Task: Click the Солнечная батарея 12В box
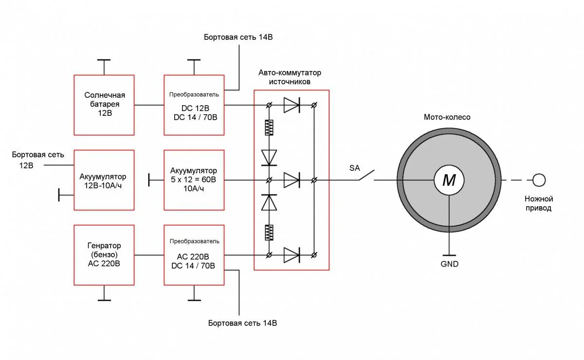(x=104, y=105)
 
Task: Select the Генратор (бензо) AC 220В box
(x=104, y=255)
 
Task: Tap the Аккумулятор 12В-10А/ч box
(x=104, y=180)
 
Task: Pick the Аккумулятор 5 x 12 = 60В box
(x=194, y=180)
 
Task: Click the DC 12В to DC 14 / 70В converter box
(x=194, y=105)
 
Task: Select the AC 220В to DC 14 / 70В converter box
(x=194, y=255)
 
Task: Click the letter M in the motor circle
(x=449, y=180)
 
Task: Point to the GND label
(x=449, y=264)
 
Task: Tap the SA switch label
(x=354, y=168)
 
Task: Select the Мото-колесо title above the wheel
(x=447, y=117)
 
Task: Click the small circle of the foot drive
(x=539, y=180)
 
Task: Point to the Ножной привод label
(x=539, y=203)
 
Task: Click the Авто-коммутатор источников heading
(x=290, y=77)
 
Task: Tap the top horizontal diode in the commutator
(x=292, y=105)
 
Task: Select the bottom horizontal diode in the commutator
(x=292, y=255)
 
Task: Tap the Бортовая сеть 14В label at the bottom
(x=242, y=323)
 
